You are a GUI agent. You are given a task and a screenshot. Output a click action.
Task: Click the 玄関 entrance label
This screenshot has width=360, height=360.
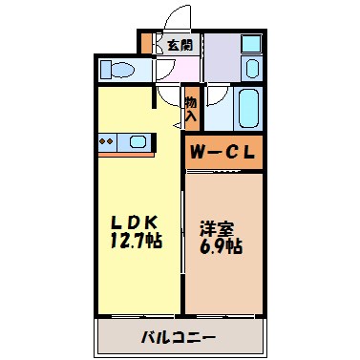pos(179,44)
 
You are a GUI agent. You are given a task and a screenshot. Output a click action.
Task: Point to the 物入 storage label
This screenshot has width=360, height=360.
pos(191,107)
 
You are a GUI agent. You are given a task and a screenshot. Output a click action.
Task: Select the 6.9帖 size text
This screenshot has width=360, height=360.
pos(221,246)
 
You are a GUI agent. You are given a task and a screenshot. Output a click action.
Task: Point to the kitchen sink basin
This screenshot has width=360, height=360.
pos(139,143)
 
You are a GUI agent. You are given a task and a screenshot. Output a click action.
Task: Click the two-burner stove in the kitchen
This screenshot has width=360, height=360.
pos(109,143)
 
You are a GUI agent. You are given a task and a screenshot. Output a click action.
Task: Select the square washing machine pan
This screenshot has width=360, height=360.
pos(250,44)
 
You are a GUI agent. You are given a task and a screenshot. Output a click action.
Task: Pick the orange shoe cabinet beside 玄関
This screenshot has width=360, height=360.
pos(145,44)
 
